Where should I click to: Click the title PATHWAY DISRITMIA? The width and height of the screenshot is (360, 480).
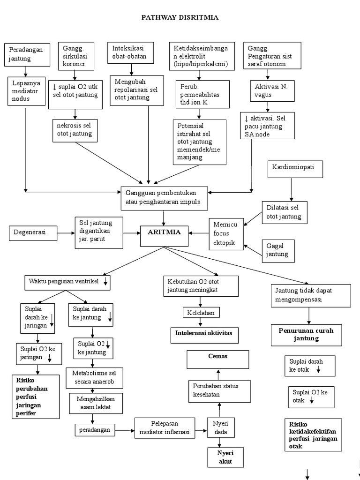pyautogui.click(x=180, y=18)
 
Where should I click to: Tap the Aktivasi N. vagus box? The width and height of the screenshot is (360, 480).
pyautogui.click(x=270, y=91)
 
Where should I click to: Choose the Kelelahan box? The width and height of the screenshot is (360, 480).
pyautogui.click(x=201, y=312)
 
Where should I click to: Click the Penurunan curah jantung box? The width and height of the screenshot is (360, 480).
pyautogui.click(x=307, y=334)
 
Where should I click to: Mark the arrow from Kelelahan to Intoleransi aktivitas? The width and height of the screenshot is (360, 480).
pyautogui.click(x=201, y=322)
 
